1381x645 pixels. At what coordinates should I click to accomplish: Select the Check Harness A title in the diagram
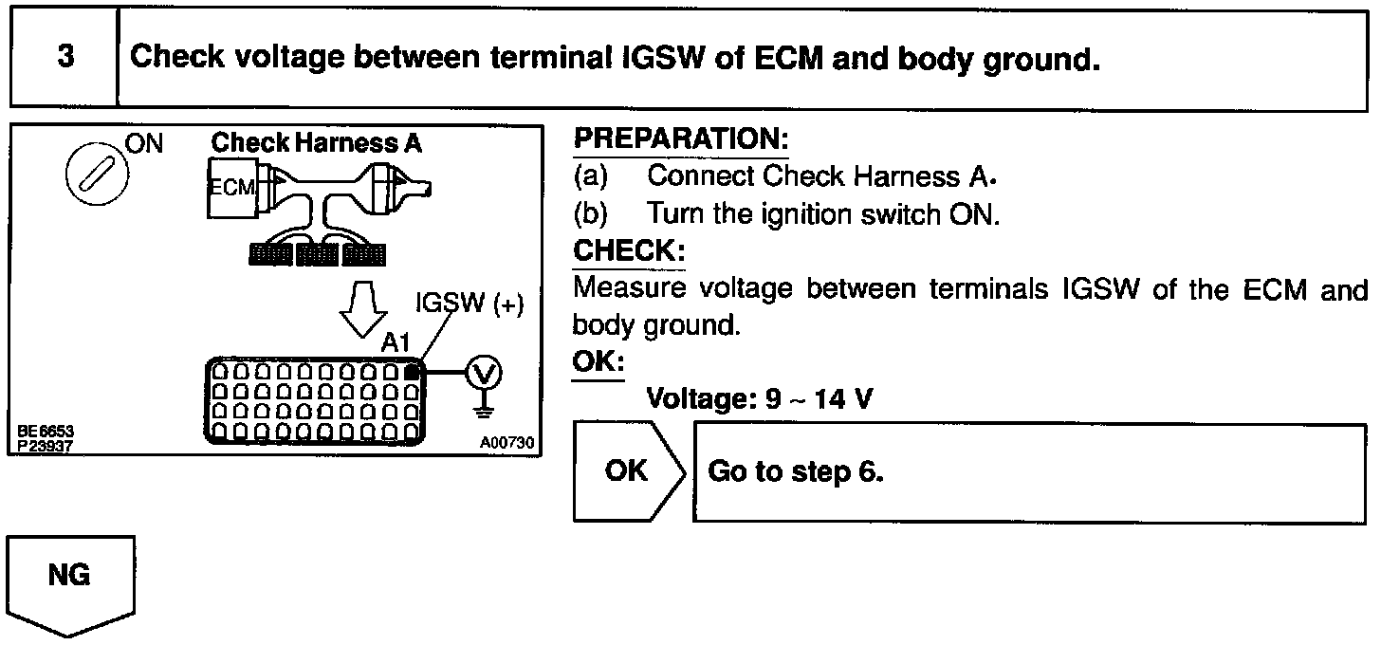tap(316, 143)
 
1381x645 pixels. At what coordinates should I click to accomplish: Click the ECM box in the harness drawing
tap(231, 187)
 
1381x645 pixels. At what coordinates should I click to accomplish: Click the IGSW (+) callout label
tap(470, 304)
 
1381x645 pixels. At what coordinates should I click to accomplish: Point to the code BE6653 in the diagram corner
tap(45, 432)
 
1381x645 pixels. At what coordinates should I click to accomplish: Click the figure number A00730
tap(506, 441)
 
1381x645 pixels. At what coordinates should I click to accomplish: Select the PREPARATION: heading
tap(681, 140)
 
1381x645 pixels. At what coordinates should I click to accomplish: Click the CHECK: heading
tap(628, 253)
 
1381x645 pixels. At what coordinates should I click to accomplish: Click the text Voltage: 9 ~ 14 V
tap(759, 399)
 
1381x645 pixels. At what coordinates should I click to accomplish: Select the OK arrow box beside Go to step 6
tap(628, 471)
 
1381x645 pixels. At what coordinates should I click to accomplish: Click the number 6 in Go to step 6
tap(874, 471)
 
